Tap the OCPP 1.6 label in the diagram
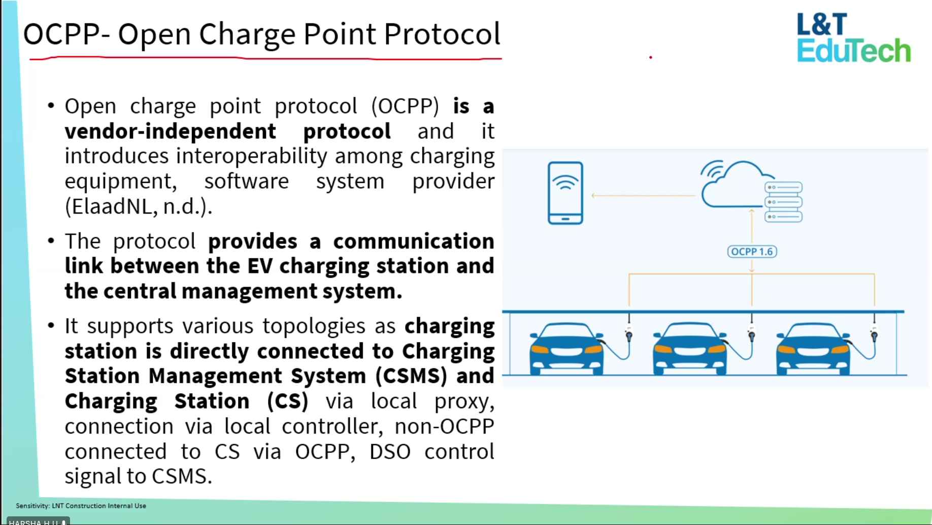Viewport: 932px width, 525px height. [x=752, y=252]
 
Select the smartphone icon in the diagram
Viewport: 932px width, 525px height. [x=565, y=193]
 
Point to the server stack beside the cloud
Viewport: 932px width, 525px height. [x=783, y=202]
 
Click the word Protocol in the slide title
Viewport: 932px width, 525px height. [x=442, y=34]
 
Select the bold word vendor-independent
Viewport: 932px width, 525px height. [x=171, y=131]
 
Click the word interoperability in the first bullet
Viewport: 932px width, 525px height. [x=251, y=157]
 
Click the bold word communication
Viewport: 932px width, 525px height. [x=414, y=241]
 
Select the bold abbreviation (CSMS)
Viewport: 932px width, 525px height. [x=411, y=376]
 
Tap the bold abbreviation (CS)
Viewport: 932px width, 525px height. [x=288, y=401]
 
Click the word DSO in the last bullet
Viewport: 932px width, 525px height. [x=390, y=451]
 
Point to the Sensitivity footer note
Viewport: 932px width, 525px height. [x=81, y=506]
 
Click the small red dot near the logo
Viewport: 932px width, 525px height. [x=650, y=57]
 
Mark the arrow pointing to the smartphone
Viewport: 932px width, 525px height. [x=643, y=195]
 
